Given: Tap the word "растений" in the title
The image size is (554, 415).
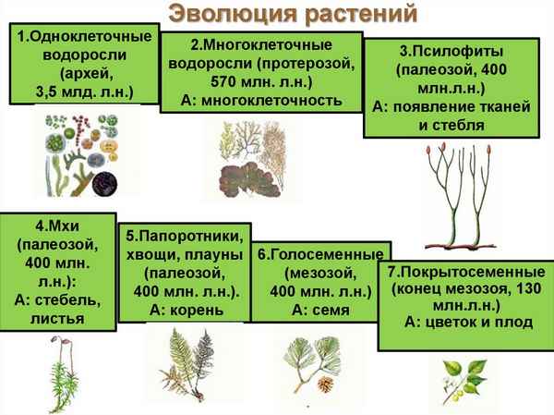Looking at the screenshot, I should (x=341, y=16).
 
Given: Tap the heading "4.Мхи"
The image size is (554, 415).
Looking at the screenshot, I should (x=56, y=227).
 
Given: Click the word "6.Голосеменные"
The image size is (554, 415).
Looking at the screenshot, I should (x=319, y=254).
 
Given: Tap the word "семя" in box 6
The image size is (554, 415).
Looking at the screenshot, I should (x=331, y=310).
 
